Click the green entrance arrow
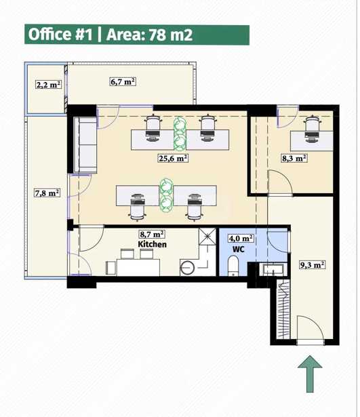(x=310, y=374)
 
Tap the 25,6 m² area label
(x=174, y=158)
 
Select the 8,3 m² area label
(x=294, y=158)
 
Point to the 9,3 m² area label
(x=312, y=265)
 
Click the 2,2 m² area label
(x=49, y=85)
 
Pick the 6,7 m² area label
(x=123, y=81)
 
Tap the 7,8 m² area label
(x=47, y=193)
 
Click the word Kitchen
(x=152, y=244)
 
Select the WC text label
(x=239, y=250)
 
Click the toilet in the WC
(x=234, y=265)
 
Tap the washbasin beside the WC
(x=273, y=269)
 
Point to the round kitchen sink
(x=188, y=268)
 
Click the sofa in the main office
(x=85, y=145)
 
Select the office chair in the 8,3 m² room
(x=313, y=129)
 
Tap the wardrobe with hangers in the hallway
(x=283, y=309)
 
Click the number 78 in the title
(x=158, y=35)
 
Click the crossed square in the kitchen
(x=207, y=236)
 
